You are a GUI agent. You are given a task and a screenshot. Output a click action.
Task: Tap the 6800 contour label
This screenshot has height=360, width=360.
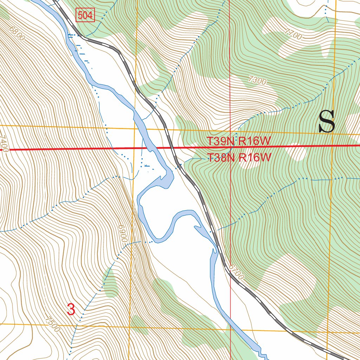coord(18,33)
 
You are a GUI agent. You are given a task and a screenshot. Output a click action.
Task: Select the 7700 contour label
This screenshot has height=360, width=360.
coord(294,35)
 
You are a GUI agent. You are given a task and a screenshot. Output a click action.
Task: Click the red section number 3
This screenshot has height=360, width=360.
coord(71,309)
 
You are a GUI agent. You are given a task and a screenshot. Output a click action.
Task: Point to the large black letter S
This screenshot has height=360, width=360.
coord(327,122)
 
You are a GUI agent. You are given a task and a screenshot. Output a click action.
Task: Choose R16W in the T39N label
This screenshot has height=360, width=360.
coord(255,141)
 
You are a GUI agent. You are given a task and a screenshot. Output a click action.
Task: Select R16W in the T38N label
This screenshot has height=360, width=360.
coord(255,157)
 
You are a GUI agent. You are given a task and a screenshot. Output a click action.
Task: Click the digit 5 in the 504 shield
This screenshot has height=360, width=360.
coord(81,15)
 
